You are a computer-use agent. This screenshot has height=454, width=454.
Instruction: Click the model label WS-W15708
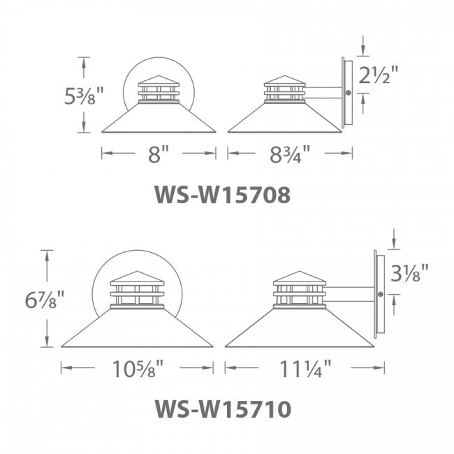coord(222,195)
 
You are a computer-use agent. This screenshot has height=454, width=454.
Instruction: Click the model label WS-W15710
coord(223,409)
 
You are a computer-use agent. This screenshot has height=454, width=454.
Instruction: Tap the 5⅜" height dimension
coord(84,96)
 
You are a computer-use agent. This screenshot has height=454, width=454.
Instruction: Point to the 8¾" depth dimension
coord(290,154)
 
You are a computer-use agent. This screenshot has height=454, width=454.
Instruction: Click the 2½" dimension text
coord(379,75)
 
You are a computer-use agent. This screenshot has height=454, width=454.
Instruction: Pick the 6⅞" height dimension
coord(44,299)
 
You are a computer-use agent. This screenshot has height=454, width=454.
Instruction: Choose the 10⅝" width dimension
coord(138,368)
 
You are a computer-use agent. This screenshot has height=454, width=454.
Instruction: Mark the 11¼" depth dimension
coord(305,368)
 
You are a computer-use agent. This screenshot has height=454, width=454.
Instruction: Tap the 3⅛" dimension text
coord(409,272)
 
